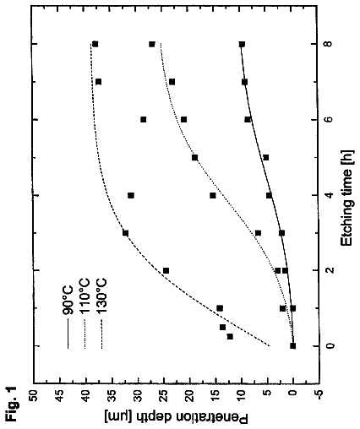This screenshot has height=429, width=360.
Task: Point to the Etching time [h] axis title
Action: tap(347, 197)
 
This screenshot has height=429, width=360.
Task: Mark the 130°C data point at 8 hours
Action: tap(95, 44)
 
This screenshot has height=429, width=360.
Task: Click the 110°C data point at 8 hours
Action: tap(152, 44)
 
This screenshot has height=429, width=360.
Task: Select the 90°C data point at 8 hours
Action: tap(242, 44)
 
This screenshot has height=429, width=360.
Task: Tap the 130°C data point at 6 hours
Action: tap(144, 120)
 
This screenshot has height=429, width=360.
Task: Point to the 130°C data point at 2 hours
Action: tap(166, 270)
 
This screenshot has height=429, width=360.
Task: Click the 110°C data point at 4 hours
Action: tap(213, 195)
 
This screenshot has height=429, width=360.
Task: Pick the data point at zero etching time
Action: tap(293, 345)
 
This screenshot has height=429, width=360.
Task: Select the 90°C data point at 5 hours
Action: tap(265, 157)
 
